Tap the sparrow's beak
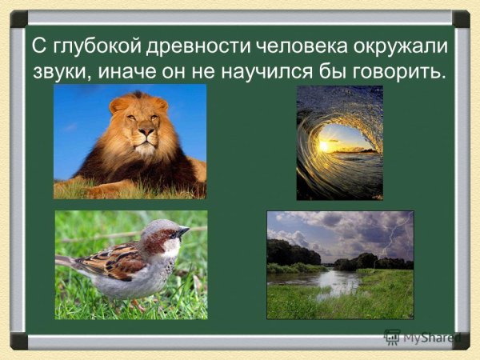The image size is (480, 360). [x=183, y=233]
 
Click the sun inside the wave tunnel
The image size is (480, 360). [x=330, y=146]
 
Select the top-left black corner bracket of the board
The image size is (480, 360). [x=18, y=18]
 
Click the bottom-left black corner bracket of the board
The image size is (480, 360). [x=18, y=342]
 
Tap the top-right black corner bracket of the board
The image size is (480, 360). [x=461, y=18]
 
